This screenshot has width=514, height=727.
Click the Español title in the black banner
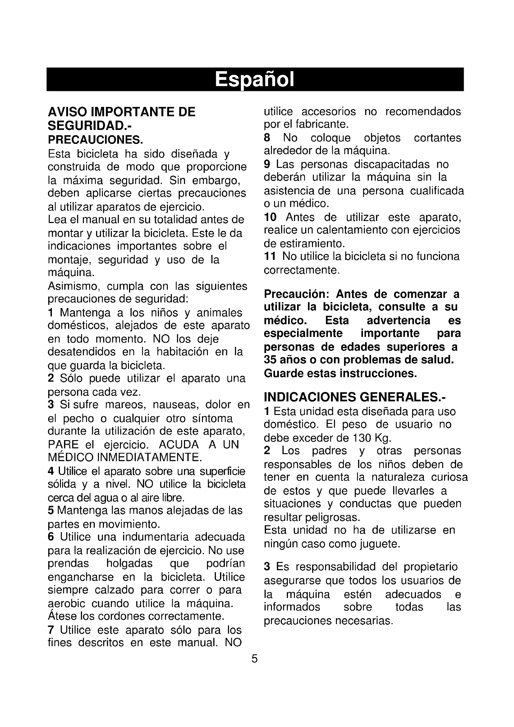tap(255, 80)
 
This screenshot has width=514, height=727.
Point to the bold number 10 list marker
tap(270, 218)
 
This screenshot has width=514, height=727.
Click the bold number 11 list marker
tap(270, 256)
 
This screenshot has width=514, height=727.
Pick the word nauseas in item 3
tap(176, 405)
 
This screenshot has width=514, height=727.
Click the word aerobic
tap(66, 604)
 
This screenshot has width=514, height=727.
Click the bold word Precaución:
tap(297, 294)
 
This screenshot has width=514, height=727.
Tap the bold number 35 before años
tap(271, 360)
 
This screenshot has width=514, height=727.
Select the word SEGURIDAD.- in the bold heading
tap(89, 126)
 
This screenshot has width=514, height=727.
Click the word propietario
tap(431, 567)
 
